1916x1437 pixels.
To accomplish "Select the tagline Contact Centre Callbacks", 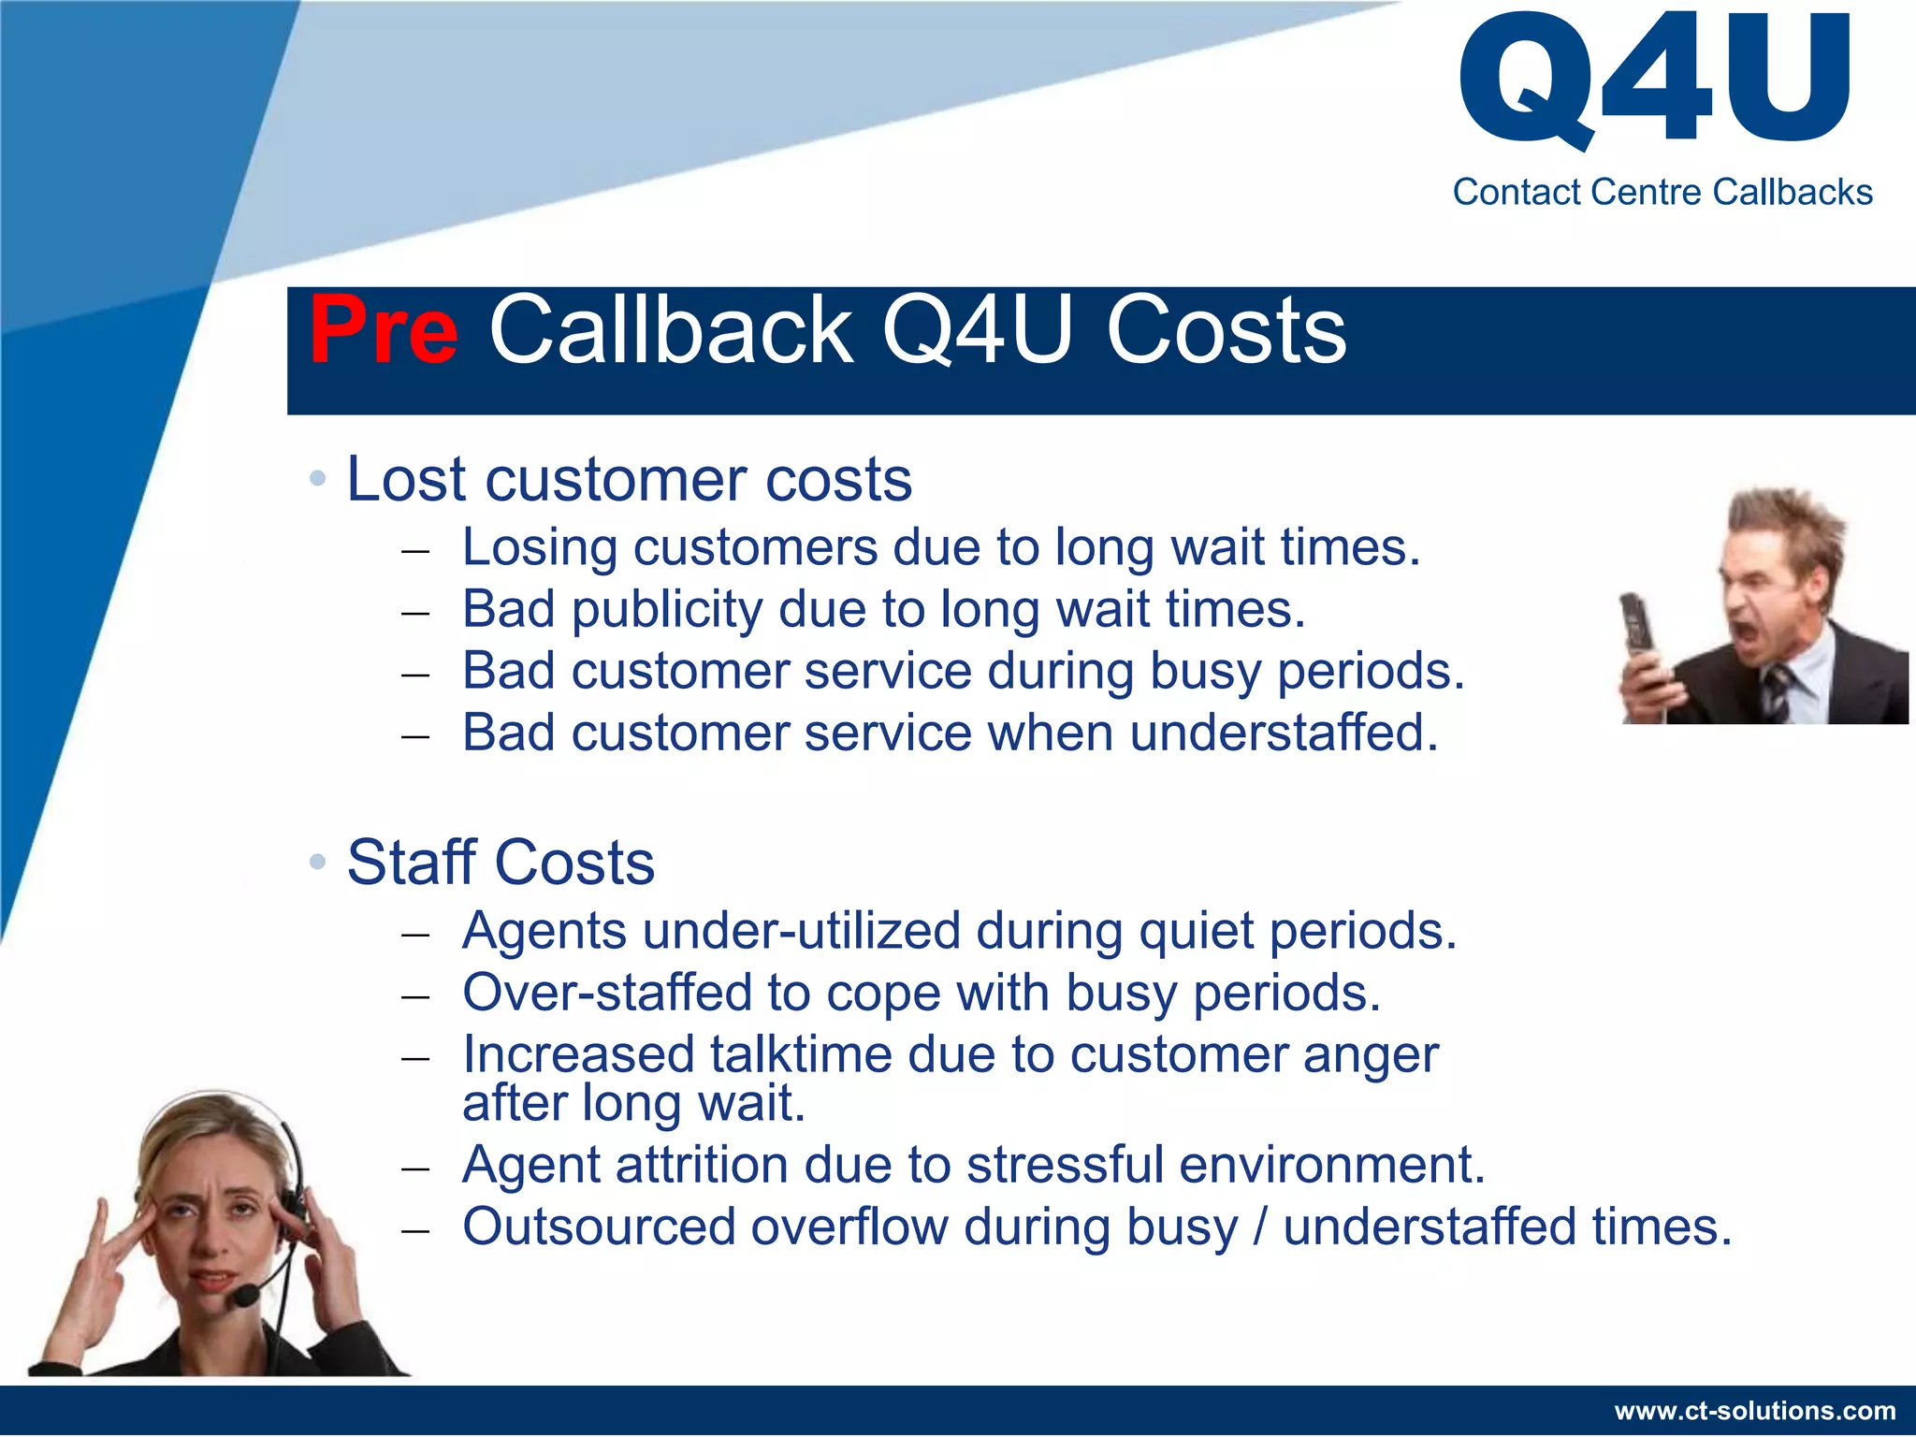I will [1662, 192].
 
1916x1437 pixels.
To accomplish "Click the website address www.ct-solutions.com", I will [1755, 1410].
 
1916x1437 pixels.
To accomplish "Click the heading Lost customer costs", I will [629, 479].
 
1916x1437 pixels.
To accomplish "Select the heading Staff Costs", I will [501, 862].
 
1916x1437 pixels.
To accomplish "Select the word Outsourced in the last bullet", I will [599, 1227].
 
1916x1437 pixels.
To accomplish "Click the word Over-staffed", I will [607, 993].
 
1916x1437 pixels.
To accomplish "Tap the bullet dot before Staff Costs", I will [318, 862].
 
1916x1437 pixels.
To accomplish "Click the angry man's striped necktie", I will [1775, 689].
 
